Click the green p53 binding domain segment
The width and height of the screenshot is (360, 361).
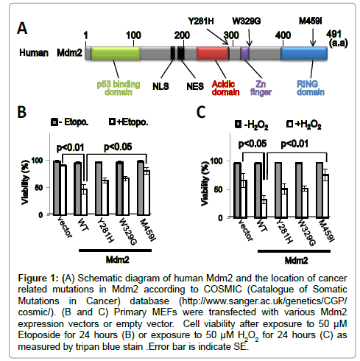[x=116, y=53]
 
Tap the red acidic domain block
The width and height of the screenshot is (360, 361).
[x=213, y=53]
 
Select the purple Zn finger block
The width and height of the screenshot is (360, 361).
[x=244, y=53]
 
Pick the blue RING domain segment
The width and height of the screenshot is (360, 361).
[x=304, y=53]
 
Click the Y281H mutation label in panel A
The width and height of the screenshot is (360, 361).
[x=201, y=21]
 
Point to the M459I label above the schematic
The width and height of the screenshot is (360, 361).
[x=310, y=21]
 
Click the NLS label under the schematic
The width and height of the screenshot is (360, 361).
[x=160, y=86]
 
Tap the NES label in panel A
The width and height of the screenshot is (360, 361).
[x=195, y=86]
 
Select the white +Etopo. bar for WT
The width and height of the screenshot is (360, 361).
[x=84, y=202]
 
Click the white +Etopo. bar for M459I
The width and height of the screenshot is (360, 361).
[x=147, y=193]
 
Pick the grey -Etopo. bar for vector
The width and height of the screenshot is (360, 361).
[x=57, y=188]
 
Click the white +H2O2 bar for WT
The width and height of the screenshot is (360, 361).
[x=264, y=208]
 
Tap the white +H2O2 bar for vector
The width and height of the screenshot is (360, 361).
[x=244, y=199]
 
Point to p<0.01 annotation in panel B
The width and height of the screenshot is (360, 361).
[x=71, y=147]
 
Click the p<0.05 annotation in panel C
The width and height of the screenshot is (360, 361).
[x=253, y=144]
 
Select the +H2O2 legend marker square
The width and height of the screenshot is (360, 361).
[x=290, y=124]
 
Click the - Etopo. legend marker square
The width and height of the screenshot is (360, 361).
[x=54, y=122]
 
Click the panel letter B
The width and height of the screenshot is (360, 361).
[x=22, y=112]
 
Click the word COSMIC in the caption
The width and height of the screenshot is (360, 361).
[x=222, y=290]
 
